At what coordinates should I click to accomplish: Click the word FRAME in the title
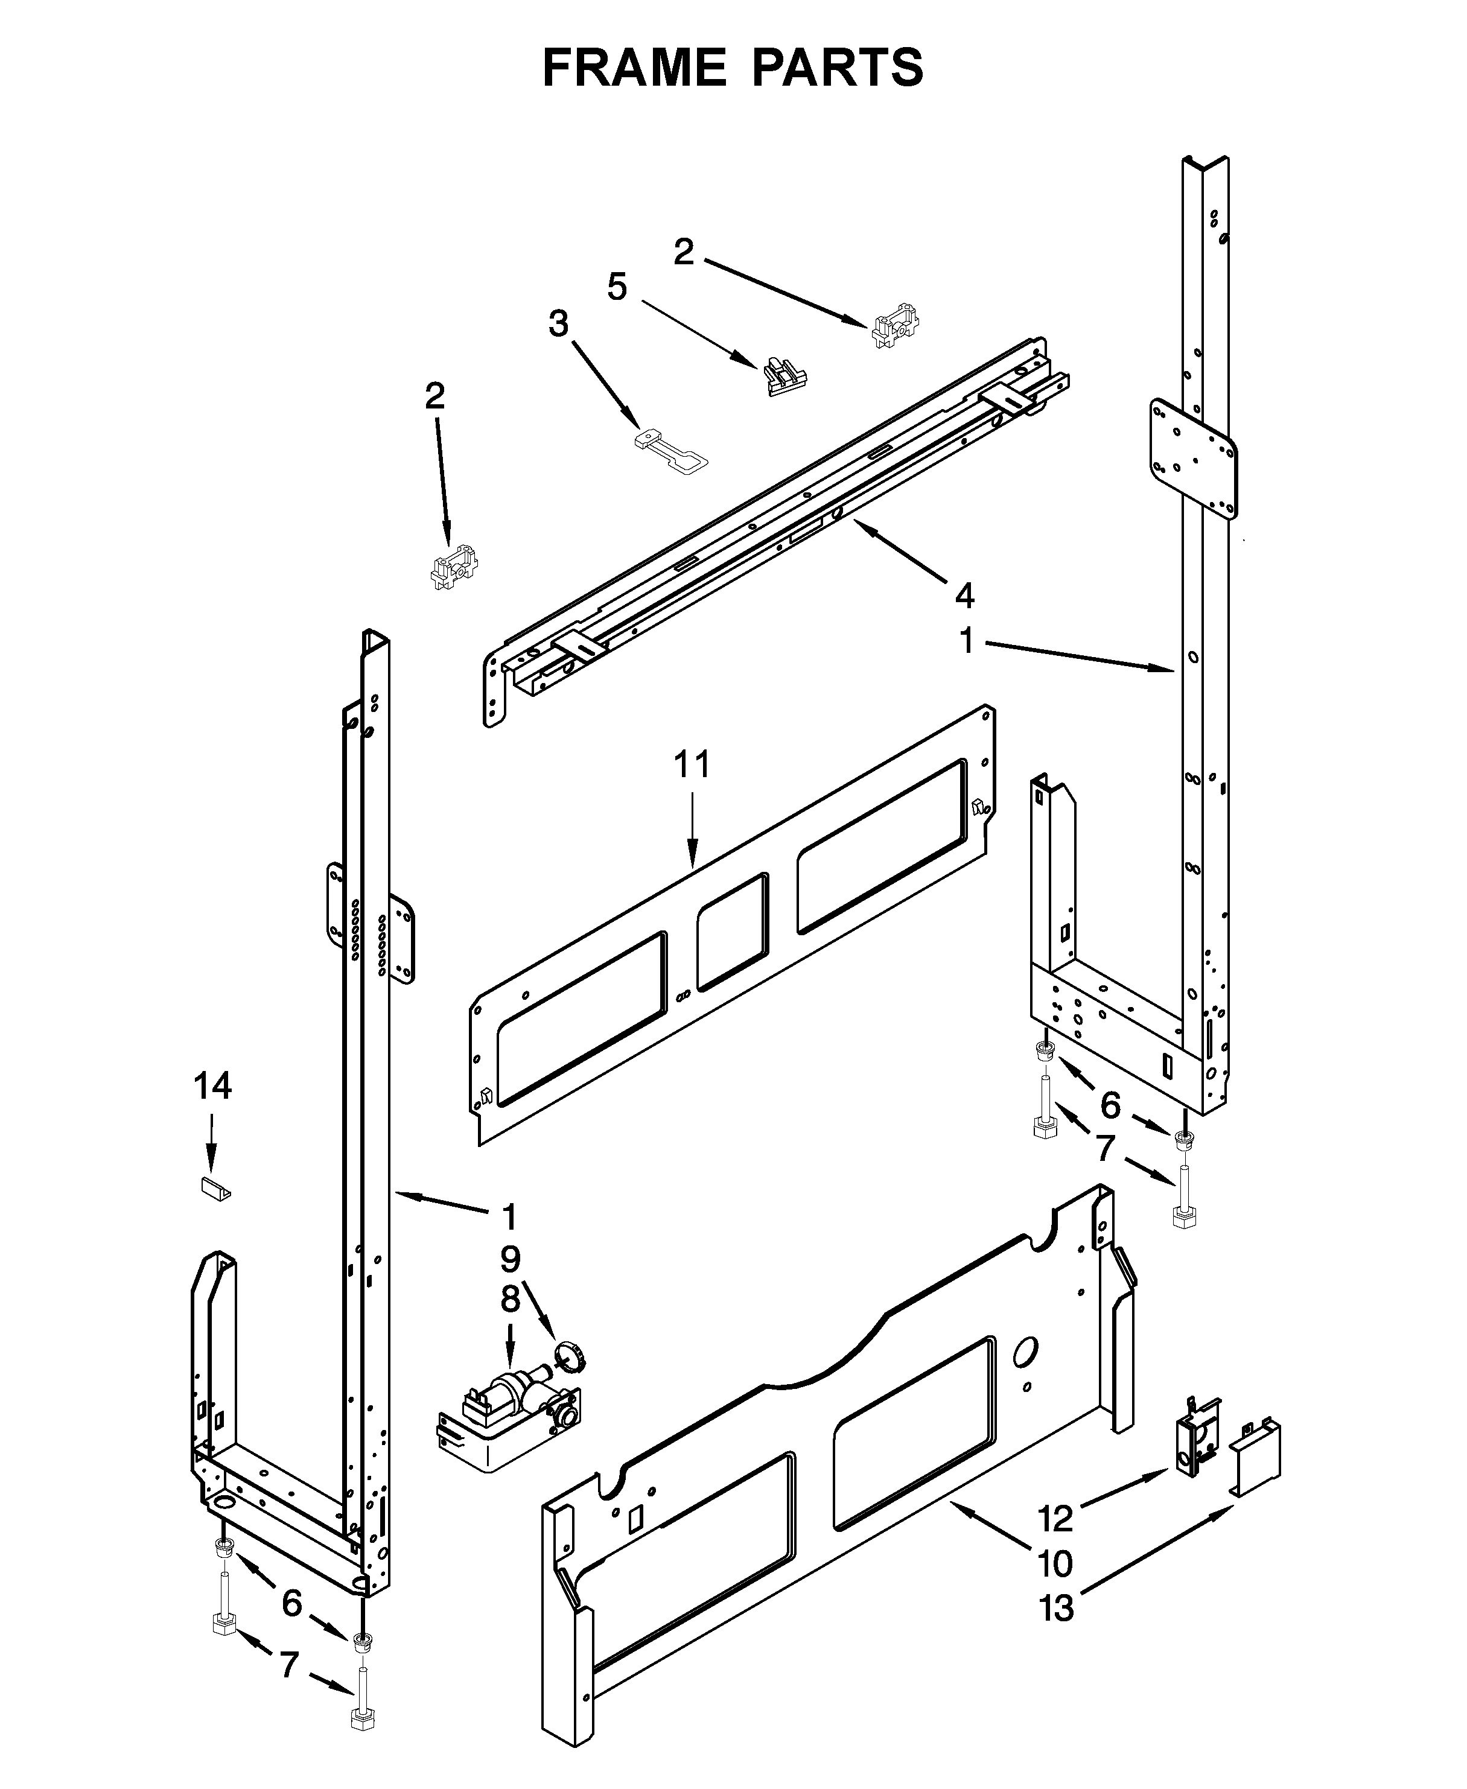634,67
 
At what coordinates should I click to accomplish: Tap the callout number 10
1055,1563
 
